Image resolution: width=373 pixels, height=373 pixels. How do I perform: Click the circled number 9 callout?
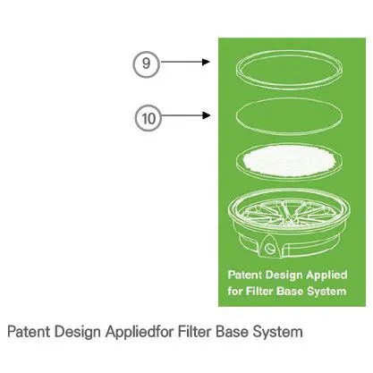coord(146,64)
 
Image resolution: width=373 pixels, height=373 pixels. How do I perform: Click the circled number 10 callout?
coord(148,118)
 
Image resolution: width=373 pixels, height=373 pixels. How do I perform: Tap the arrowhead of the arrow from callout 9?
coord(206,62)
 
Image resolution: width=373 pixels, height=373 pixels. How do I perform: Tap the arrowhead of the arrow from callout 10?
coord(207,115)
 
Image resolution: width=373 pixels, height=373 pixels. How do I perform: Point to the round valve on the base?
coord(270,248)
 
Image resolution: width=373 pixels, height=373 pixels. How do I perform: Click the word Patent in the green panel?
coord(244,275)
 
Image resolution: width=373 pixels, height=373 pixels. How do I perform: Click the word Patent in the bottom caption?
coord(29,332)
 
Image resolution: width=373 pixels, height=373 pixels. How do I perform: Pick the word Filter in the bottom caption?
coord(195,331)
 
